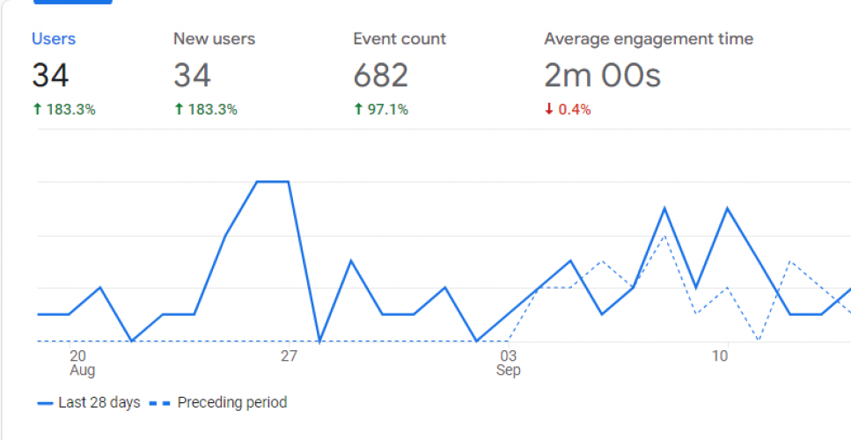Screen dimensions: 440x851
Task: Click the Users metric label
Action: [x=54, y=39]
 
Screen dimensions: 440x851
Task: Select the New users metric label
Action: [x=214, y=39]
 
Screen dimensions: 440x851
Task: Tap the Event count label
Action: [x=400, y=39]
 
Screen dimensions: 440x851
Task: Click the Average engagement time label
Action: [x=649, y=39]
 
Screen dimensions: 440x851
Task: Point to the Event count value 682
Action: [x=380, y=76]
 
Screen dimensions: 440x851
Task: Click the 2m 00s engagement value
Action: [x=602, y=76]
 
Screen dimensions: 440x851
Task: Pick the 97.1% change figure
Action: [x=387, y=110]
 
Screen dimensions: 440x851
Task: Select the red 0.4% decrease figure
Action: [x=574, y=110]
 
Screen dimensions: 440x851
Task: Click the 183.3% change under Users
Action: [x=70, y=110]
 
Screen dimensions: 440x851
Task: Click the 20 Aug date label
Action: [x=81, y=363]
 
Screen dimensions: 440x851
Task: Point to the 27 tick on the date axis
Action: [x=289, y=356]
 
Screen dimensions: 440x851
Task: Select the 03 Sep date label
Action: [x=508, y=363]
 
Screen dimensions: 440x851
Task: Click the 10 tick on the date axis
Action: [x=720, y=356]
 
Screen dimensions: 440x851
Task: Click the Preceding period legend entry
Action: [x=231, y=403]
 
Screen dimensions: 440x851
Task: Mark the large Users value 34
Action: [x=50, y=76]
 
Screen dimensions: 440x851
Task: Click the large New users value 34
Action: [x=192, y=76]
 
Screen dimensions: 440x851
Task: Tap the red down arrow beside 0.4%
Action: [x=548, y=110]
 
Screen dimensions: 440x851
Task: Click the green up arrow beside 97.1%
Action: [x=358, y=110]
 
